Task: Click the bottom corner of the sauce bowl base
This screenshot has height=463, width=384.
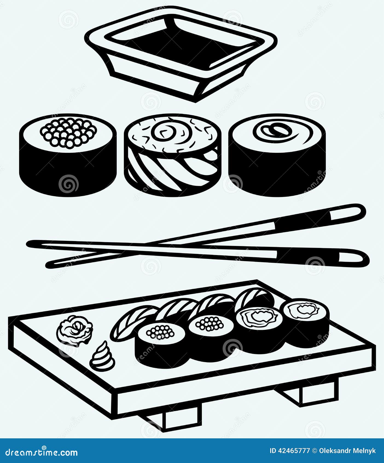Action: pyautogui.click(x=196, y=102)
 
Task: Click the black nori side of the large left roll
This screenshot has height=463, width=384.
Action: pyautogui.click(x=68, y=173)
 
